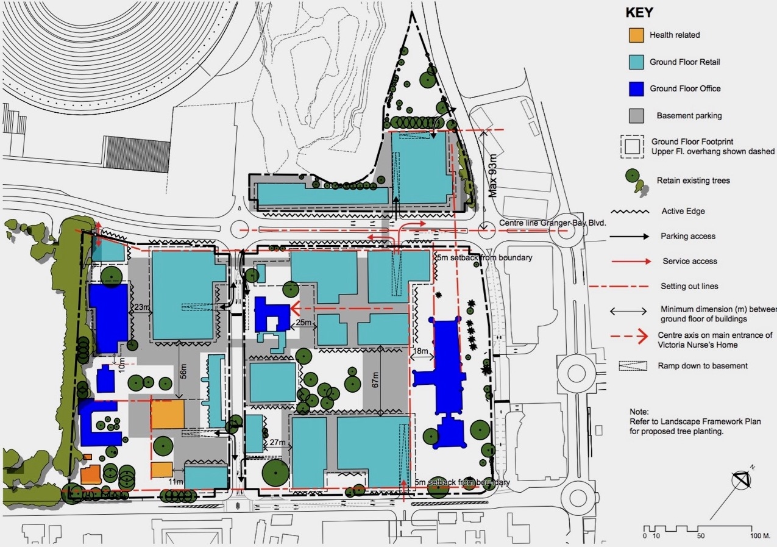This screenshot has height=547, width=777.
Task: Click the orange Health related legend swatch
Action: coord(636,35)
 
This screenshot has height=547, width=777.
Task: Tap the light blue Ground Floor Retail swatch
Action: coord(636,62)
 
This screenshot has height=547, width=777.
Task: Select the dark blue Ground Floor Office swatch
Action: coord(636,89)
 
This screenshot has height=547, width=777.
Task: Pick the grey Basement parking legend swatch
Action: coord(636,116)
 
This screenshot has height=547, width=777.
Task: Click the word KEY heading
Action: coord(639,12)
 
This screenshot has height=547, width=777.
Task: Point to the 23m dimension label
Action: coord(142,307)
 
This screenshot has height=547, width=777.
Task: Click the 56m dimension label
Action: coord(183,371)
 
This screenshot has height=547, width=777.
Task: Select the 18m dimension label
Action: coord(420,351)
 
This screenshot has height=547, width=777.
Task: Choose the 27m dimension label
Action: coord(277,442)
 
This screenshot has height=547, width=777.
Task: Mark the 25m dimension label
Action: coord(303,322)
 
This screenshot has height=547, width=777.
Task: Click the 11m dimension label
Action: coord(176,482)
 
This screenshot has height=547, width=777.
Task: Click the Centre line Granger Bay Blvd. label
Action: coord(553,223)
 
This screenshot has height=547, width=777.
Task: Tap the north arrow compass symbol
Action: coord(741,481)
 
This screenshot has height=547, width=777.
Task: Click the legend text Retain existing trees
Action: coord(693,181)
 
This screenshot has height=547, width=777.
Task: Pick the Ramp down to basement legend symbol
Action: coord(633,366)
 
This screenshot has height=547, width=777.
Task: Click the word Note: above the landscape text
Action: coord(639,412)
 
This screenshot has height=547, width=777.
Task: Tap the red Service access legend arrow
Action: coord(631,262)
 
